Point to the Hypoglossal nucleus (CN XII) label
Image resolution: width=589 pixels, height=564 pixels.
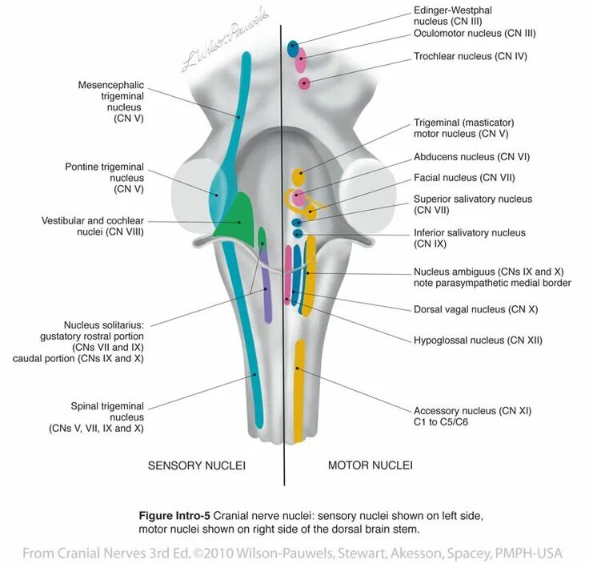coord(478,340)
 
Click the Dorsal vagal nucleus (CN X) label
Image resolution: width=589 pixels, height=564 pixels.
coord(471,309)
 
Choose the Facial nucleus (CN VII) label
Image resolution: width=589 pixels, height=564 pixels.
coord(463,177)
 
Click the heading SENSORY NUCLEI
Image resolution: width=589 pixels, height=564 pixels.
coord(196,465)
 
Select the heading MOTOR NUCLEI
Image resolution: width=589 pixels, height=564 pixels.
coord(371,465)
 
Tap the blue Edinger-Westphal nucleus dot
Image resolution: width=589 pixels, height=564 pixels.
coord(294,46)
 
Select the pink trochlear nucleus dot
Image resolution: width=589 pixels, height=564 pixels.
coord(304,83)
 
